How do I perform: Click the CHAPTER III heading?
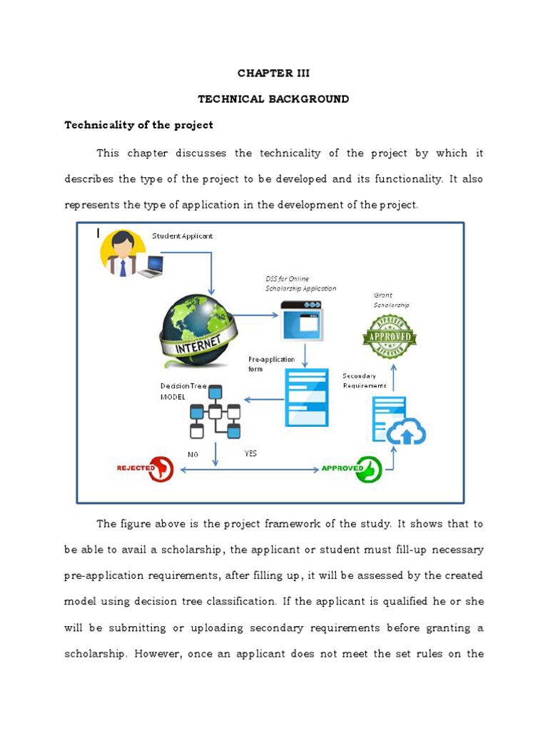(x=274, y=74)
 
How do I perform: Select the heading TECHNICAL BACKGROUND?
(x=274, y=99)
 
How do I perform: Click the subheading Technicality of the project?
(x=139, y=125)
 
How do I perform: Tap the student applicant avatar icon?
(x=123, y=254)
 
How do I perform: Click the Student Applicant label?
(x=182, y=236)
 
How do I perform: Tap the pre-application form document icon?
(x=307, y=397)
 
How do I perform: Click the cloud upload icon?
(x=406, y=432)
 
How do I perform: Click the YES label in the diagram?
(x=250, y=453)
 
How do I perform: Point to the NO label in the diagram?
(x=193, y=454)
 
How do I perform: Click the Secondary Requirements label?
(x=365, y=380)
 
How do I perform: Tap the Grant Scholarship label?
(x=392, y=300)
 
